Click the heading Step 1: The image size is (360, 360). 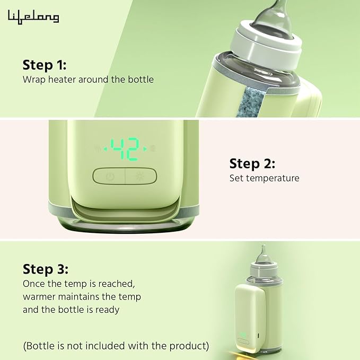click(44, 65)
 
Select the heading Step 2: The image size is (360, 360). click(252, 163)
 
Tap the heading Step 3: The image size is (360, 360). click(45, 269)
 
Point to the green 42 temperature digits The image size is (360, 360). click(126, 149)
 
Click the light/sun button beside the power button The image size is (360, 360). click(141, 177)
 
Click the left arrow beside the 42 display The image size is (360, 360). click(105, 150)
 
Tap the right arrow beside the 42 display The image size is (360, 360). click(145, 150)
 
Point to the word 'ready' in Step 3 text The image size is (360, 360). click(106, 310)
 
